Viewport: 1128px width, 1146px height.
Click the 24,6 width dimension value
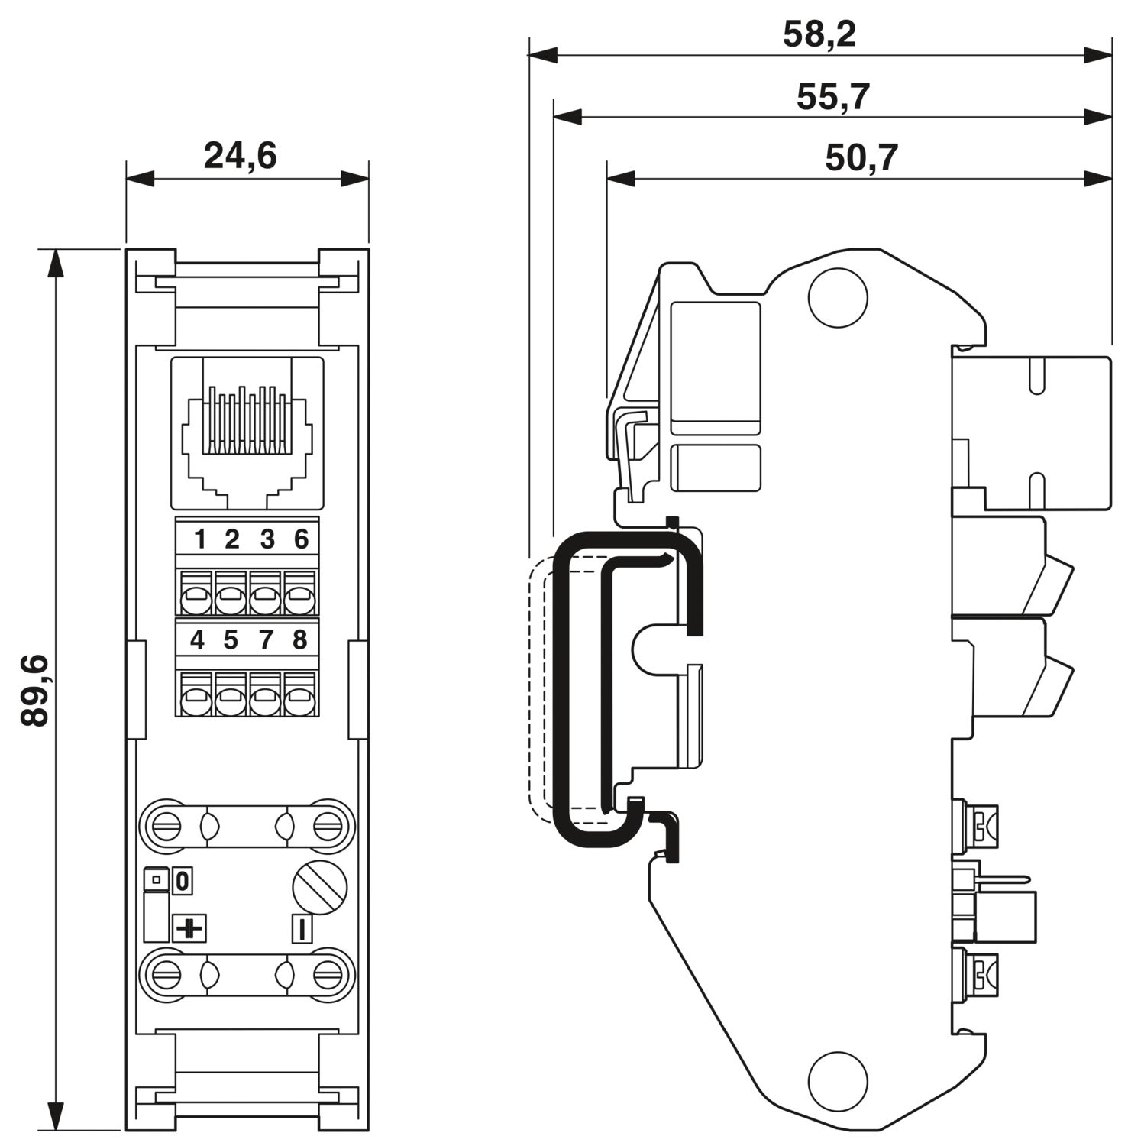pyautogui.click(x=240, y=156)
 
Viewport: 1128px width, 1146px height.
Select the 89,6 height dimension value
pyautogui.click(x=35, y=690)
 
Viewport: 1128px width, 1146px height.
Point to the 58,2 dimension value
pyautogui.click(x=819, y=35)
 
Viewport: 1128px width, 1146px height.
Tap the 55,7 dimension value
pyautogui.click(x=833, y=98)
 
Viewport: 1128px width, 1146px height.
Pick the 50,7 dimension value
pyautogui.click(x=861, y=158)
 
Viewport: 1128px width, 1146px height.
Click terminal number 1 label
pyautogui.click(x=200, y=539)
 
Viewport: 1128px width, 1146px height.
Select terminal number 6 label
pyautogui.click(x=301, y=539)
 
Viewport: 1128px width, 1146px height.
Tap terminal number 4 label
pyautogui.click(x=197, y=639)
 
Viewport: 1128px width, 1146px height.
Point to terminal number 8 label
pyautogui.click(x=299, y=639)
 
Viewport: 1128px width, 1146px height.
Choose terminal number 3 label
pyautogui.click(x=267, y=539)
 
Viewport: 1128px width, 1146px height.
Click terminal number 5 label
pyautogui.click(x=231, y=639)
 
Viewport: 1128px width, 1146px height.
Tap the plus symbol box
pyautogui.click(x=190, y=928)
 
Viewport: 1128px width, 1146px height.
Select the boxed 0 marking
pyautogui.click(x=183, y=882)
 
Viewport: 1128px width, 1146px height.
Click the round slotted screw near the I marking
pyautogui.click(x=320, y=888)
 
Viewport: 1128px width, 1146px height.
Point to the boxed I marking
pyautogui.click(x=302, y=929)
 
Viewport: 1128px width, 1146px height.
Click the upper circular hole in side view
pyautogui.click(x=838, y=297)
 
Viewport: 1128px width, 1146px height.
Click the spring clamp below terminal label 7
pyautogui.click(x=265, y=694)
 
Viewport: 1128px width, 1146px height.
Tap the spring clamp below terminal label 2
pyautogui.click(x=231, y=592)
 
